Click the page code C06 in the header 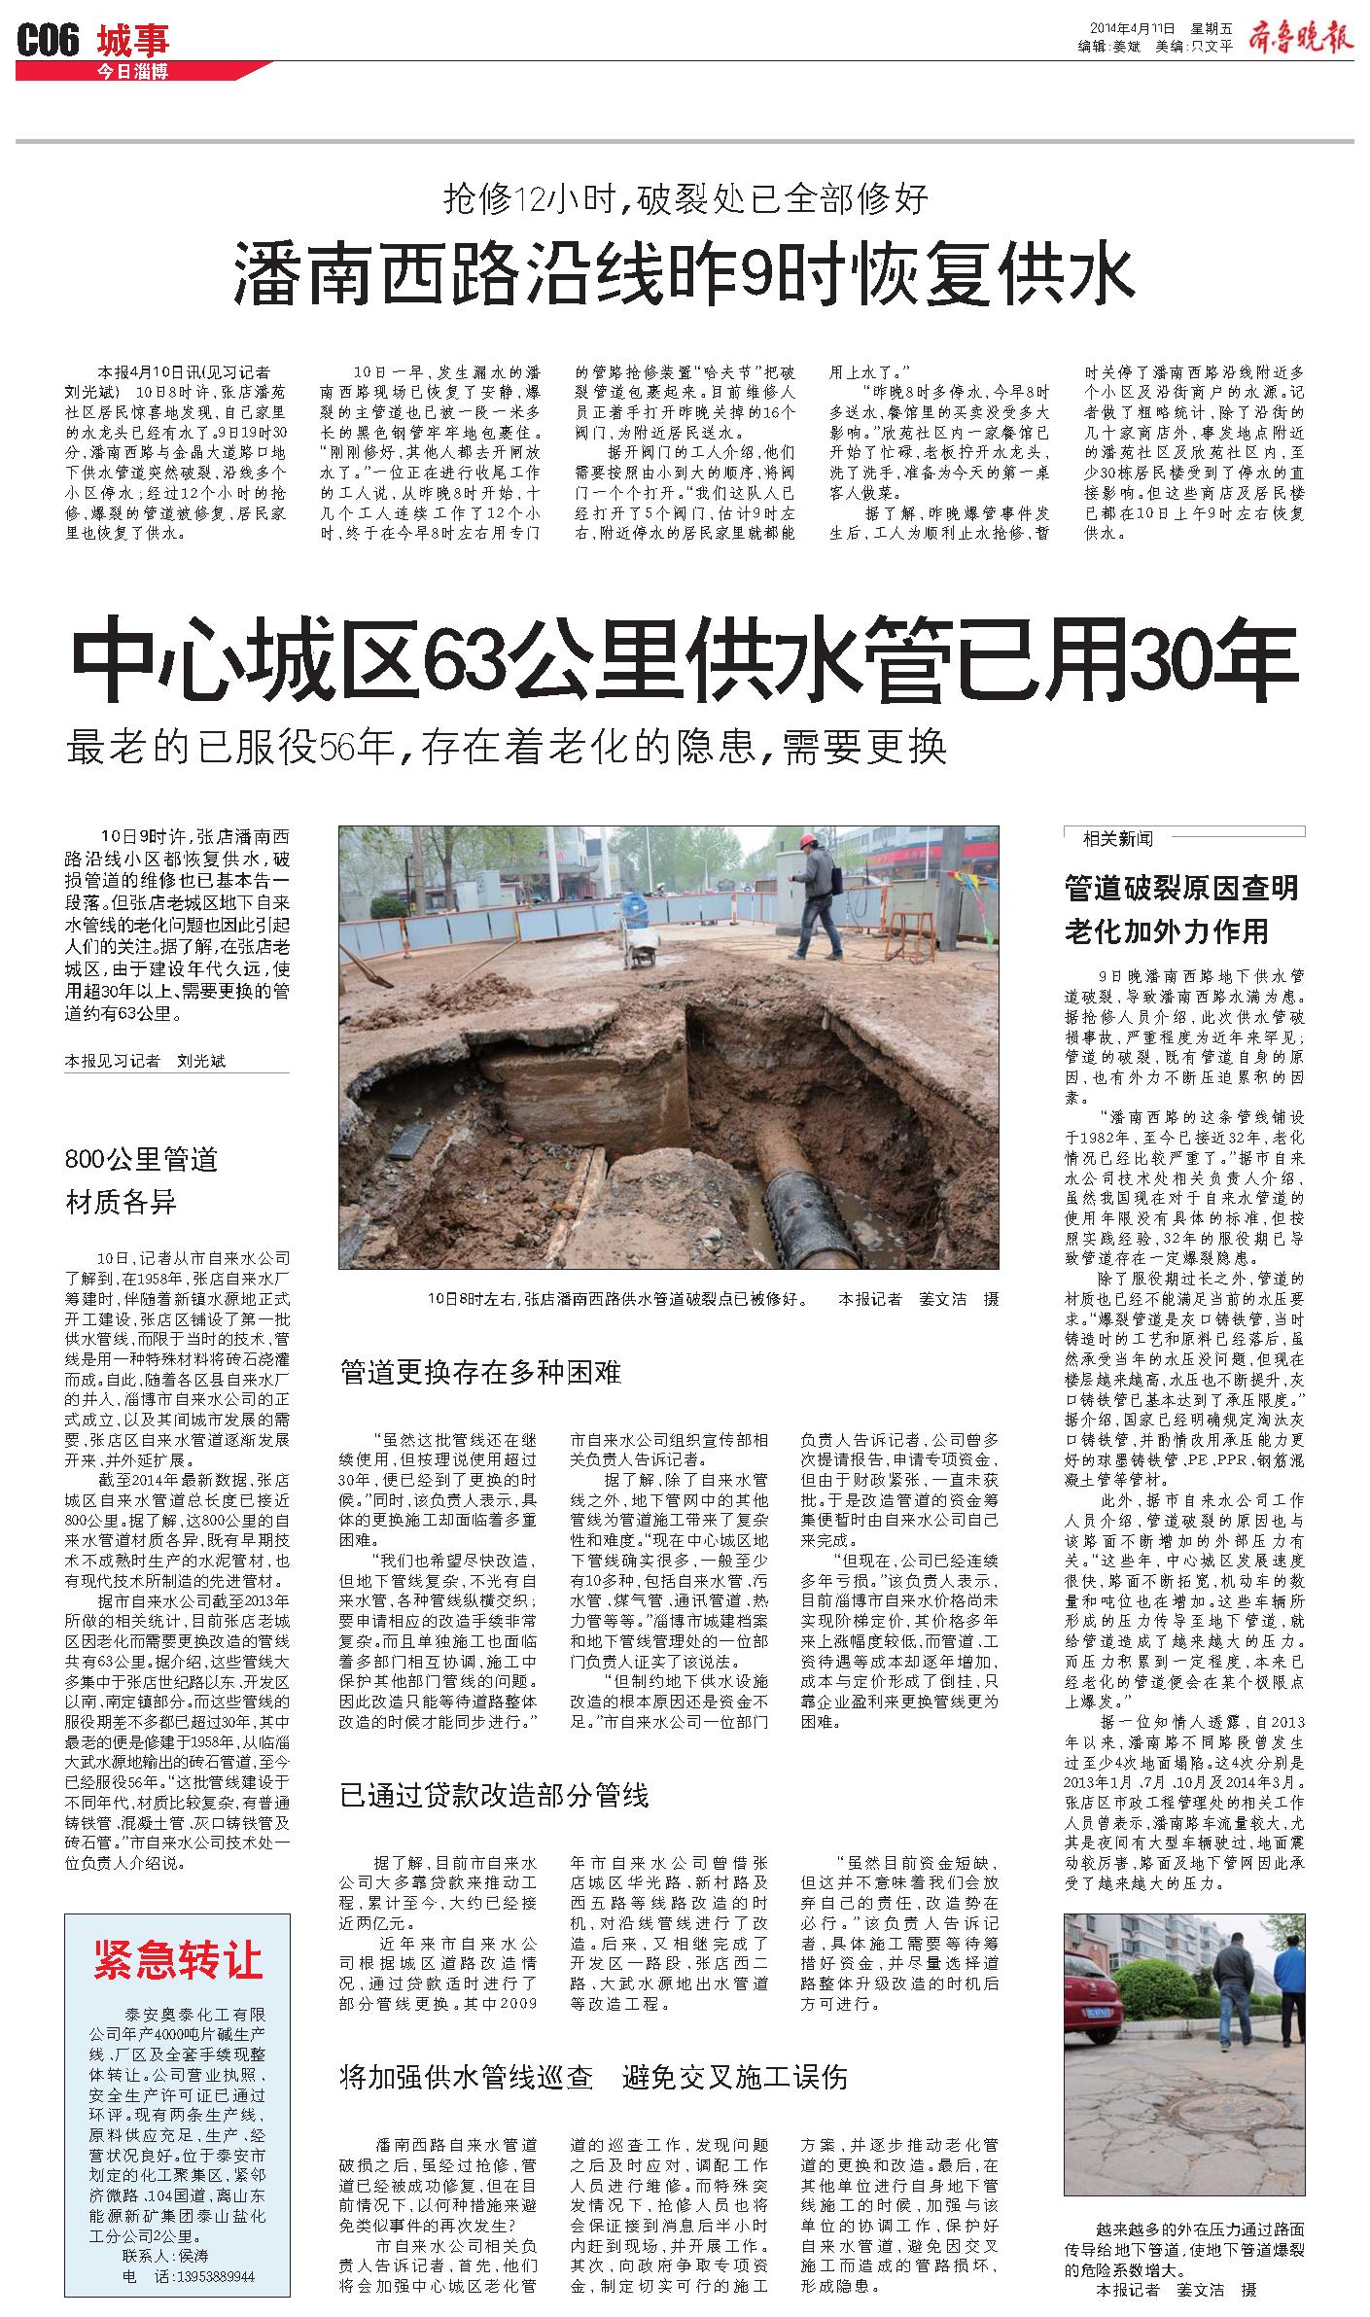49,41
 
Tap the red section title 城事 133,40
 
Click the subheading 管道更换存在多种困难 480,1372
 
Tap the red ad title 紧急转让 178,1953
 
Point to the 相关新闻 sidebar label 1120,837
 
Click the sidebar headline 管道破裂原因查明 1181,887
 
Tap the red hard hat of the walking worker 807,839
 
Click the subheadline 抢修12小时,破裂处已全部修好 685,199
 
